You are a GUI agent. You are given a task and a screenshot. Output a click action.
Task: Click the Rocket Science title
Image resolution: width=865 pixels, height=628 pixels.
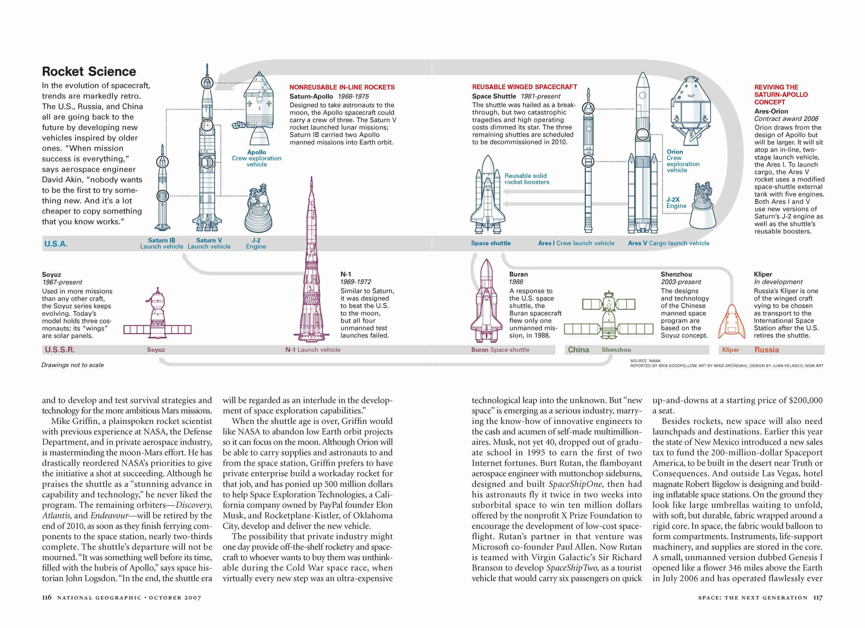click(89, 71)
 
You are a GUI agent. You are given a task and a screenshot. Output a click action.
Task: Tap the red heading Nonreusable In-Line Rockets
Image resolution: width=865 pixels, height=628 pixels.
click(342, 87)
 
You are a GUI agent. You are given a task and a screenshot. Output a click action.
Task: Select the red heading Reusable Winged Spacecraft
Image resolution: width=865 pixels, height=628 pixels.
click(524, 87)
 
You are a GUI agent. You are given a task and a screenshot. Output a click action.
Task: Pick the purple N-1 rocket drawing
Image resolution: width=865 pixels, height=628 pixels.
click(311, 267)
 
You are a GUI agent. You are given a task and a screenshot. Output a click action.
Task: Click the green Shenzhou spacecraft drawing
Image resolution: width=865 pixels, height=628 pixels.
click(609, 316)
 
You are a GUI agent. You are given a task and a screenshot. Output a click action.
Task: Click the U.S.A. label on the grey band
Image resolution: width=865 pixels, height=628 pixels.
click(56, 244)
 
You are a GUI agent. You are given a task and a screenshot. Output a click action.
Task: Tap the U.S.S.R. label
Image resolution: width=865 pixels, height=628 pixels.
click(59, 349)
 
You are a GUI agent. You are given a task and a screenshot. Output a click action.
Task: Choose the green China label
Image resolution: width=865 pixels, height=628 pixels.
click(578, 349)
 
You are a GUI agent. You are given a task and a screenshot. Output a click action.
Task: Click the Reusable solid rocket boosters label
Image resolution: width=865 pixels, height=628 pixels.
click(527, 179)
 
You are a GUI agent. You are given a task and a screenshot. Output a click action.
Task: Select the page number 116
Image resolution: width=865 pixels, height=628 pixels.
click(47, 597)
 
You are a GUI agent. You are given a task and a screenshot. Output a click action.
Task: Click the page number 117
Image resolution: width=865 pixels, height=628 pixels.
click(818, 597)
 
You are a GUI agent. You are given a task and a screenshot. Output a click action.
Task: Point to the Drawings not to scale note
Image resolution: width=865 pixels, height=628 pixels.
click(73, 365)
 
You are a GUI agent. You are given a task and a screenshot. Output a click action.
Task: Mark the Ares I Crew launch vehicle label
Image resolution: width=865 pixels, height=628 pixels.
click(576, 243)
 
